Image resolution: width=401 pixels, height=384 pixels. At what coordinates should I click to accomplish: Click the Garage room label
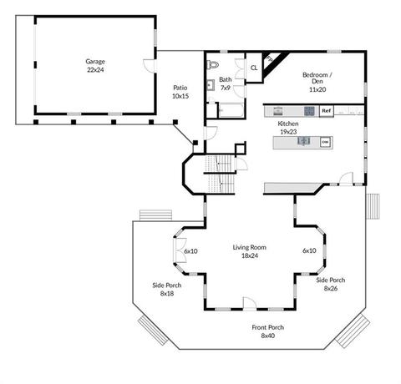(95, 65)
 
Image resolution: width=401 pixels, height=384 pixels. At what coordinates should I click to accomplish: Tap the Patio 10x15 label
(180, 92)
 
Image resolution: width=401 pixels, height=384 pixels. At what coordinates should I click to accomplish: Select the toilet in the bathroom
(212, 65)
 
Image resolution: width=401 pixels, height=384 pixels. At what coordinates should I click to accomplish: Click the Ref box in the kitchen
(326, 111)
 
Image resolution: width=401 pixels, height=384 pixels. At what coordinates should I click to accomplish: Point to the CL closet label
(254, 68)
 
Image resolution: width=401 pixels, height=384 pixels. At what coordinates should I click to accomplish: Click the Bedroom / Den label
(317, 82)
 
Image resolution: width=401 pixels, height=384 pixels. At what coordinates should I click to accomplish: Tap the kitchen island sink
(304, 141)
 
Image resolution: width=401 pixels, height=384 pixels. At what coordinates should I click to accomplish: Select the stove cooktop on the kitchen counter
(309, 111)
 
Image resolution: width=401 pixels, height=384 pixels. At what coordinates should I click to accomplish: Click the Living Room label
(250, 251)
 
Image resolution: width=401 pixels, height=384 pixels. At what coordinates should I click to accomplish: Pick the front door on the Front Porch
(250, 303)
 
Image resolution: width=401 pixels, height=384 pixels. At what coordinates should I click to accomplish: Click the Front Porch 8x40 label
(268, 331)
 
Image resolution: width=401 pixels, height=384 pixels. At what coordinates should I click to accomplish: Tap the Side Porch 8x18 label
(167, 289)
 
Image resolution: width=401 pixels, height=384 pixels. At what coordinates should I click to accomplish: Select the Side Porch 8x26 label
(331, 284)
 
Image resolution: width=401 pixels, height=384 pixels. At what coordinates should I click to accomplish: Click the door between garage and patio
(150, 66)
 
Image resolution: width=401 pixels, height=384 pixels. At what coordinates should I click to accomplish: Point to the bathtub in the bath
(231, 110)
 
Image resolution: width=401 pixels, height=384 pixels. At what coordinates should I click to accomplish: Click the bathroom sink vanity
(211, 85)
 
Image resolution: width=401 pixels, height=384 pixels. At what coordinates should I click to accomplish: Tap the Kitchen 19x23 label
(288, 128)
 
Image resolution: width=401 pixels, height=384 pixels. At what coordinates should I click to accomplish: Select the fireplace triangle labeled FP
(272, 63)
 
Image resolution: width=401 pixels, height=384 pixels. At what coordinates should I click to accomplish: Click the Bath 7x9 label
(226, 83)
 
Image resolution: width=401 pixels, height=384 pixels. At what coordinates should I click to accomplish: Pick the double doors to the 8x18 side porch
(180, 250)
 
